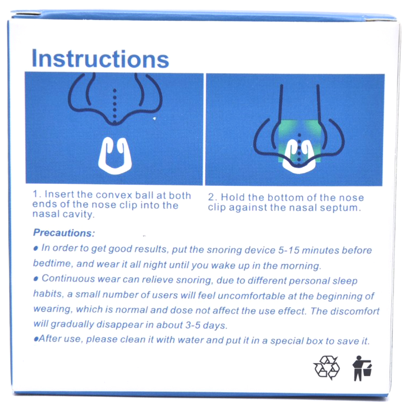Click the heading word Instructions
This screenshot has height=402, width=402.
click(x=100, y=59)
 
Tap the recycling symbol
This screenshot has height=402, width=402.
click(x=327, y=367)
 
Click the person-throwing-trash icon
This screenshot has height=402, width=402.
click(x=362, y=368)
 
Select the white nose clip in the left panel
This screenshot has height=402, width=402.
click(x=115, y=156)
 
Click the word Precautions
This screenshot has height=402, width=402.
click(x=64, y=233)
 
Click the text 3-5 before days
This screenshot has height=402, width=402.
click(x=193, y=325)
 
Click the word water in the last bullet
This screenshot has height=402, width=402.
click(x=191, y=340)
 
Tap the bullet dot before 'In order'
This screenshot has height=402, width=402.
click(x=36, y=248)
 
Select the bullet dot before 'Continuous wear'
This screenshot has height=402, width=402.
click(x=36, y=279)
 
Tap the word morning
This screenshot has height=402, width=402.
click(x=300, y=266)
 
